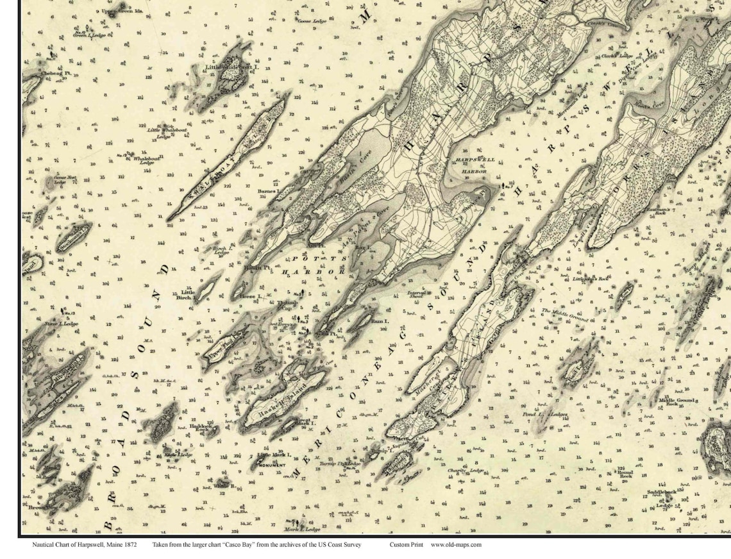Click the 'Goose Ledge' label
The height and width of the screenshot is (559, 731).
point(312,20)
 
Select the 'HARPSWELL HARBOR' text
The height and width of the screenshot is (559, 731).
point(471,165)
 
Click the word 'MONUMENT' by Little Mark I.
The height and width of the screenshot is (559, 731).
point(272,464)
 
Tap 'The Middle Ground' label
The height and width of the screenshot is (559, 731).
point(565,314)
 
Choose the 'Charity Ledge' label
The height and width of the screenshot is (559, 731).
point(466,471)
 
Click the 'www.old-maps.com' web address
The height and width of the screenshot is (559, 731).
point(456,545)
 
